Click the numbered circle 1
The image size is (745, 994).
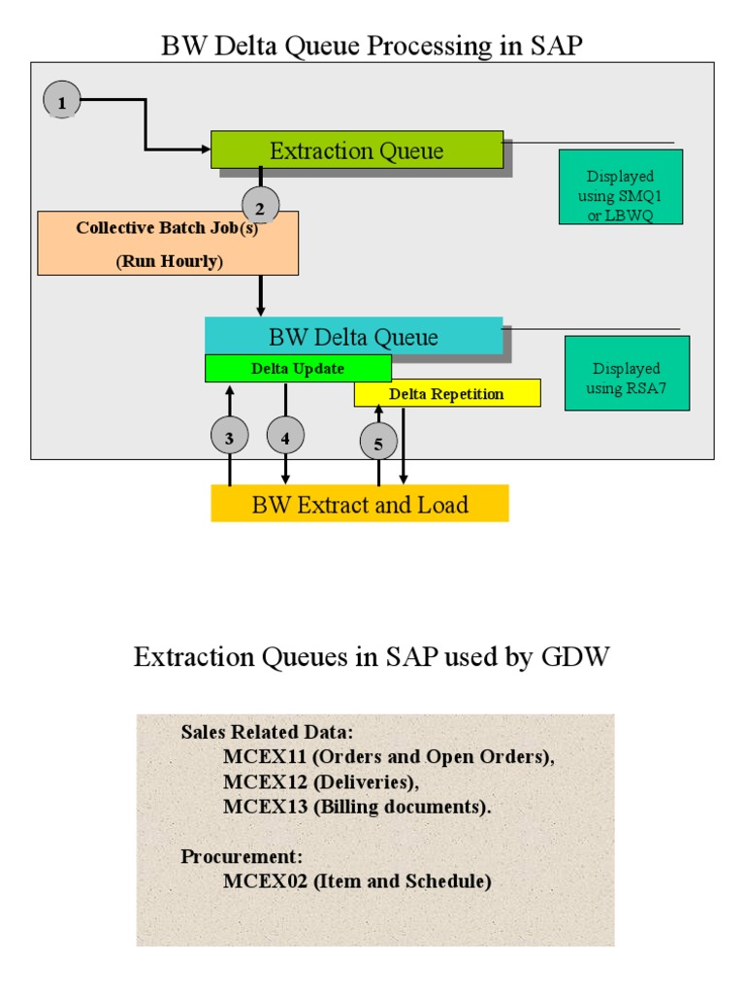tap(62, 101)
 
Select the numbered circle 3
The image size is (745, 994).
tap(229, 438)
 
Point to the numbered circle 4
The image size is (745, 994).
tap(285, 438)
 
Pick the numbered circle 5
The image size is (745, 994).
tap(378, 444)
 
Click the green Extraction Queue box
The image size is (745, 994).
tap(357, 150)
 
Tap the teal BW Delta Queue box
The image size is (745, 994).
tap(353, 337)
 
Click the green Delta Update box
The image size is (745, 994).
tap(298, 369)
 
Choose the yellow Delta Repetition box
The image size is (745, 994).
tap(446, 393)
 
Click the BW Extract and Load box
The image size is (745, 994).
tap(360, 504)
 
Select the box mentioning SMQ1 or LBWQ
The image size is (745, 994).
tap(621, 187)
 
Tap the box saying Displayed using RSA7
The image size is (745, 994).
tap(627, 373)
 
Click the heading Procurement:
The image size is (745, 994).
tap(242, 857)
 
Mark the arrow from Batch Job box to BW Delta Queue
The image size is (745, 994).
tap(260, 295)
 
